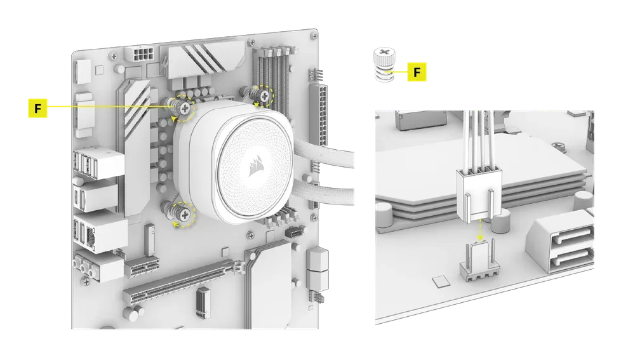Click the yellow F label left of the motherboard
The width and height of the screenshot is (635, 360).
[x=37, y=108]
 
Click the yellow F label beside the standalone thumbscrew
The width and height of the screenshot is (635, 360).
[x=417, y=72]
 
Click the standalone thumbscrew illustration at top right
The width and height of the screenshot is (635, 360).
[x=384, y=65]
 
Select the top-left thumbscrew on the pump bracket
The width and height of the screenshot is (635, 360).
[x=181, y=107]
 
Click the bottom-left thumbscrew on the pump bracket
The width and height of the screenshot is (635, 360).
[x=180, y=213]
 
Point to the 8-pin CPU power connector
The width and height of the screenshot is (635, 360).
[x=140, y=53]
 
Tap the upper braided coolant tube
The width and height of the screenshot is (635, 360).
[x=324, y=154]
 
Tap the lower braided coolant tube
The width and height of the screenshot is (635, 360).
[x=324, y=190]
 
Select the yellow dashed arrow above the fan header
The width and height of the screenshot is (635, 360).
[x=480, y=230]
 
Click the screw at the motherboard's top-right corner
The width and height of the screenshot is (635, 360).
[x=314, y=36]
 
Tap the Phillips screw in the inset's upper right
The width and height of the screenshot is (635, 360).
[x=558, y=146]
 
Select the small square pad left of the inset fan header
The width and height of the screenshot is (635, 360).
[x=441, y=281]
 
